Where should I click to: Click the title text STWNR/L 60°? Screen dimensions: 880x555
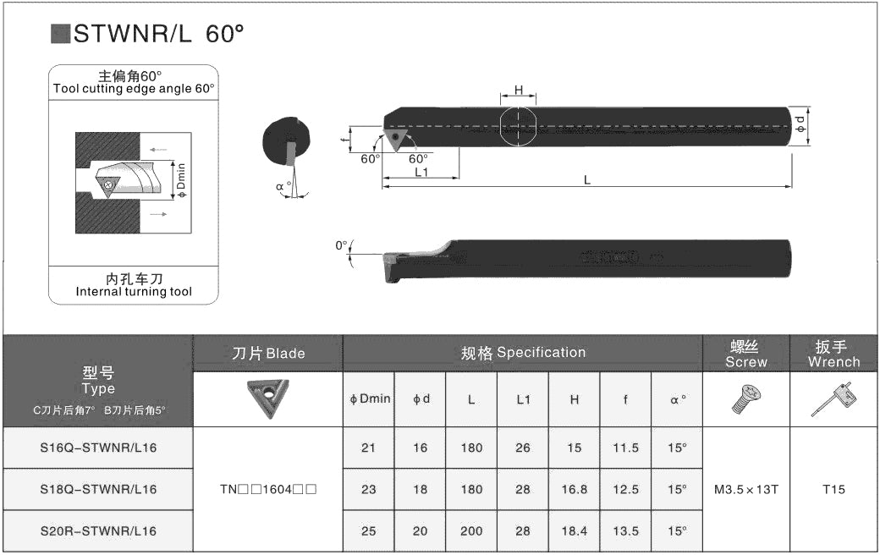click(x=159, y=34)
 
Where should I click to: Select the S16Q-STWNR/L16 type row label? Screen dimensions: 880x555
click(x=98, y=448)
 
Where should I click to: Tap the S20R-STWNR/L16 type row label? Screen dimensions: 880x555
click(x=98, y=530)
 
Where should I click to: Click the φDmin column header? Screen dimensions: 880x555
click(x=370, y=399)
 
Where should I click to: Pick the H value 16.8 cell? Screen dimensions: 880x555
click(x=575, y=489)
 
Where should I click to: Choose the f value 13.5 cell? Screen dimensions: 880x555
click(x=626, y=530)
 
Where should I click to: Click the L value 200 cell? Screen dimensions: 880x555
click(x=471, y=530)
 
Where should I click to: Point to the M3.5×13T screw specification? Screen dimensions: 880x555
click(x=745, y=489)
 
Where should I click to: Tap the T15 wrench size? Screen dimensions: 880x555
click(x=833, y=489)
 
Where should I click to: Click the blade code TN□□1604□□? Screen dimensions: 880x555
click(x=268, y=489)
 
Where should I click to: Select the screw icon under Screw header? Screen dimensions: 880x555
click(x=746, y=399)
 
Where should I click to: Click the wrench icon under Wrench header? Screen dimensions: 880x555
click(x=834, y=399)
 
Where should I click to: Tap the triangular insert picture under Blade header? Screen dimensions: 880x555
click(x=267, y=398)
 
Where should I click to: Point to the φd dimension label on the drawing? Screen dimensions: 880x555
click(x=800, y=124)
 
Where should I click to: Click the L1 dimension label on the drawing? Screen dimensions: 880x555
click(x=421, y=172)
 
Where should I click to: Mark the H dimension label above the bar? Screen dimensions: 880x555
click(x=519, y=91)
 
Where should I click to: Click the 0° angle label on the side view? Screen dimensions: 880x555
click(x=341, y=246)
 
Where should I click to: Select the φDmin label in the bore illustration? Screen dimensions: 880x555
click(x=181, y=180)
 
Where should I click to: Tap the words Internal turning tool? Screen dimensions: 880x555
click(x=134, y=292)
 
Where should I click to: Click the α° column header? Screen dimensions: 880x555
click(x=678, y=399)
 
